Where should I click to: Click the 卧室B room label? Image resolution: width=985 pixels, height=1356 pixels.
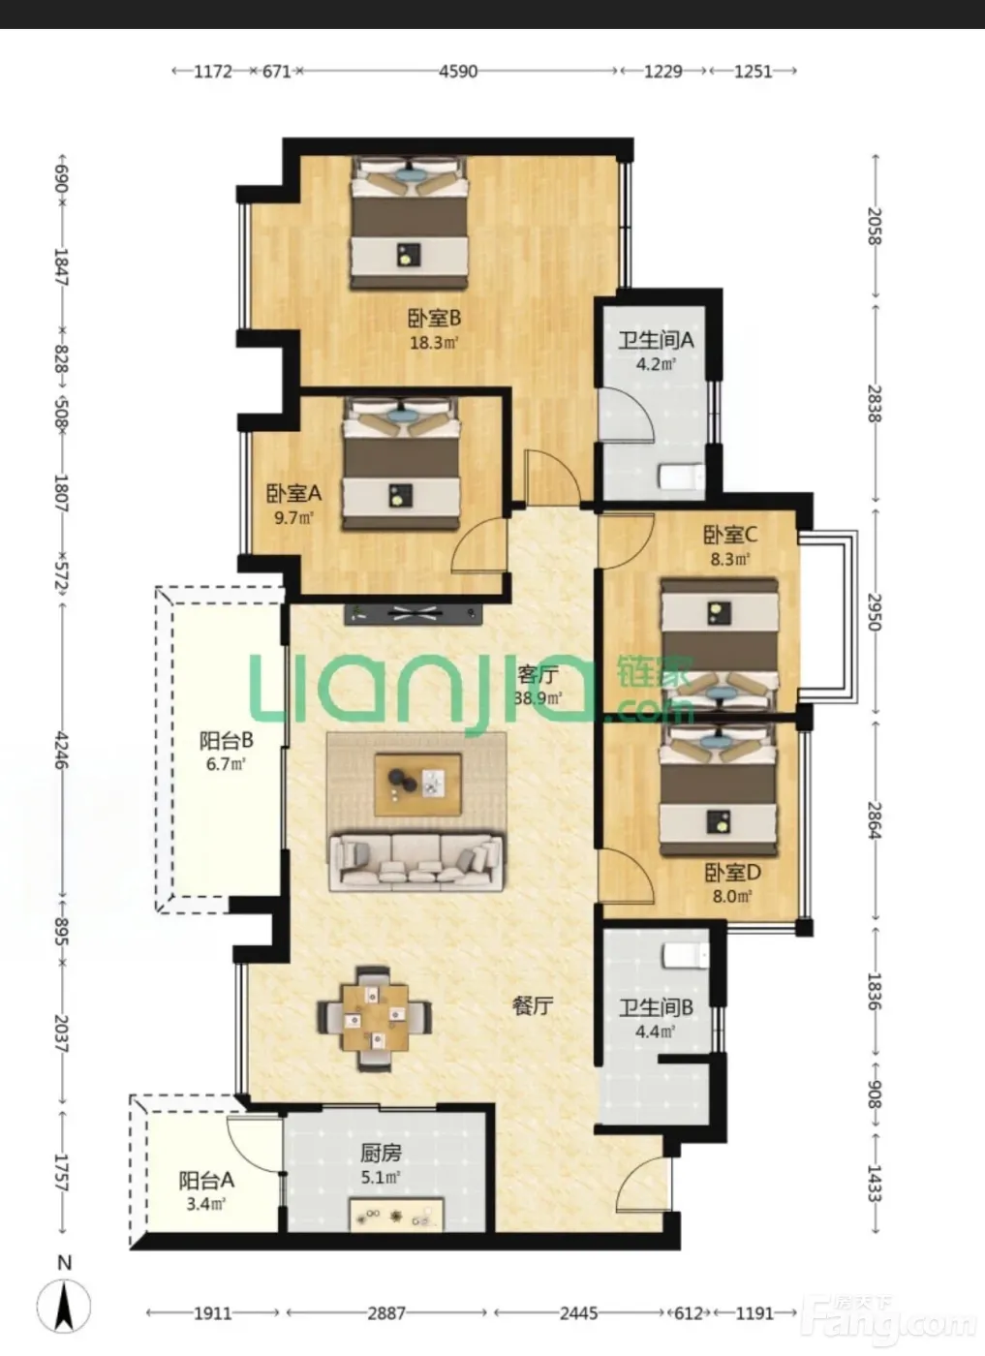434,318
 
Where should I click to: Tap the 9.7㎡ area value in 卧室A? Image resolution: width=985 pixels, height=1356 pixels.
293,518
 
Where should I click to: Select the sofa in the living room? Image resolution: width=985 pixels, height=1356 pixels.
416,863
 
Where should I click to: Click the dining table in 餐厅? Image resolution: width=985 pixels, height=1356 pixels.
375,1018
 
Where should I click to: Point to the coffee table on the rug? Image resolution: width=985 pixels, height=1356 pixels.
417,785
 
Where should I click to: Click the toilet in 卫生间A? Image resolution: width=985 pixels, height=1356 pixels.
681,477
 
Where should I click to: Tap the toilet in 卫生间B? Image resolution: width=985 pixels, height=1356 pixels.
686,957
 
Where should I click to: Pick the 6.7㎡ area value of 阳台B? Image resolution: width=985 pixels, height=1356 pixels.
226,764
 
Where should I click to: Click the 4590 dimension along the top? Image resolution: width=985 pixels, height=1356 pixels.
458,72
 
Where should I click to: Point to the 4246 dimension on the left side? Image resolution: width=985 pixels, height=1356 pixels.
62,751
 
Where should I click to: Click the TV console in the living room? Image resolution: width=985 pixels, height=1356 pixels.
414,614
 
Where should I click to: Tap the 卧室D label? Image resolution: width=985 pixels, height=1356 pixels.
732,873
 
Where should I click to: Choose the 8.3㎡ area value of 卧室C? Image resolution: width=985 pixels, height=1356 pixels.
730,559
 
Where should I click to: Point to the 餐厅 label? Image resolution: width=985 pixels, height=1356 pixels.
533,1006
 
